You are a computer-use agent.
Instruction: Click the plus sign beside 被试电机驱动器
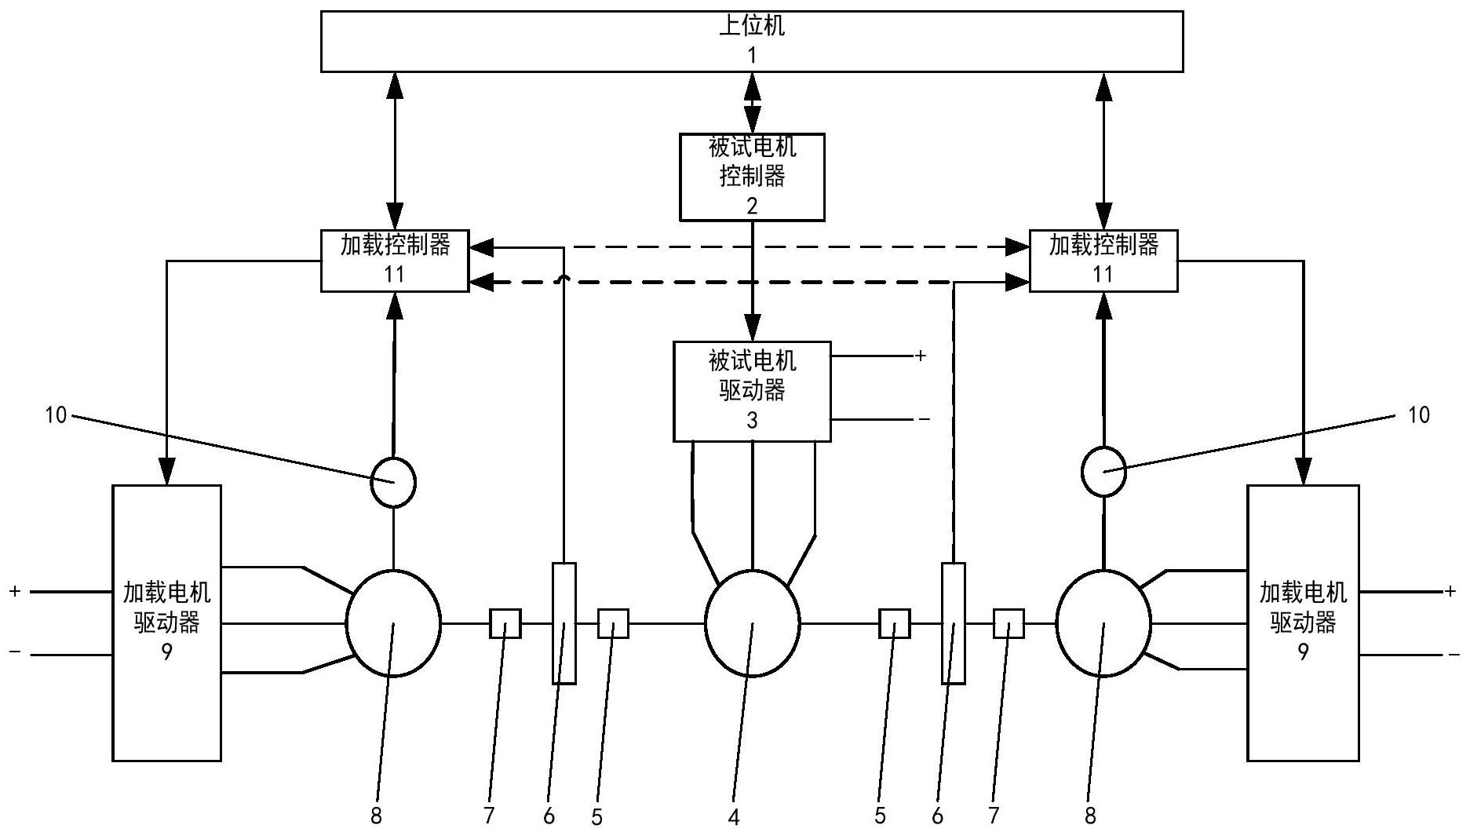pos(921,356)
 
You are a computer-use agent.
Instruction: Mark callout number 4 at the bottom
pos(734,817)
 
